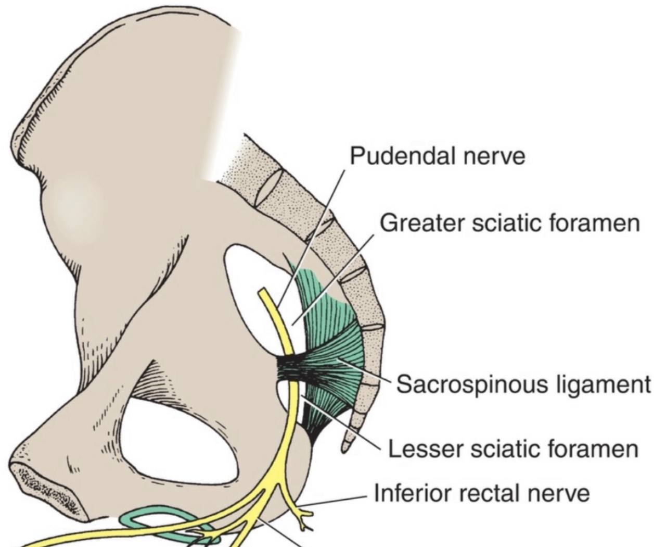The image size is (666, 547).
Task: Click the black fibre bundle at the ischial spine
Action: pos(289,370)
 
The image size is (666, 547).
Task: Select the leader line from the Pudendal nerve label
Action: pos(312,234)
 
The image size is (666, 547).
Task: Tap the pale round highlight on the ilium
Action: pos(78,201)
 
